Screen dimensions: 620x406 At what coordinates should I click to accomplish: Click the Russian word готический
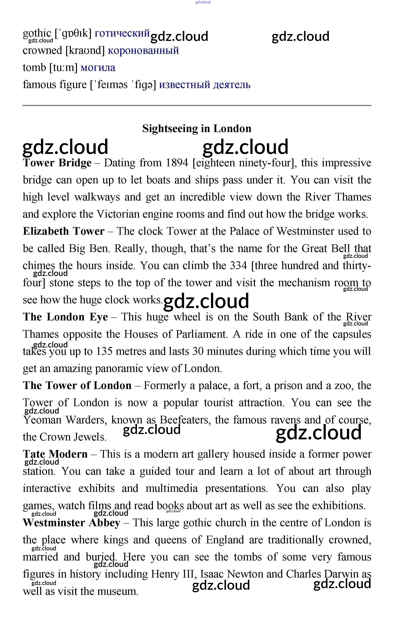(122, 33)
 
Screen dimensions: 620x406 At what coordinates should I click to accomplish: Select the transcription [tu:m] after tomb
(63, 67)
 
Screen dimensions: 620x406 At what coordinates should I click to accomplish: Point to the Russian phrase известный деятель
(205, 85)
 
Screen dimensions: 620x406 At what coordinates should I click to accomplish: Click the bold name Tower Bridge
(57, 163)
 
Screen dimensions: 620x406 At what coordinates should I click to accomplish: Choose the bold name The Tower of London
(77, 385)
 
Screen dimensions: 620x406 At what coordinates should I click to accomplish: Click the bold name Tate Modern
(55, 454)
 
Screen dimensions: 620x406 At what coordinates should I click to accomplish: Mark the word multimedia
(172, 488)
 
